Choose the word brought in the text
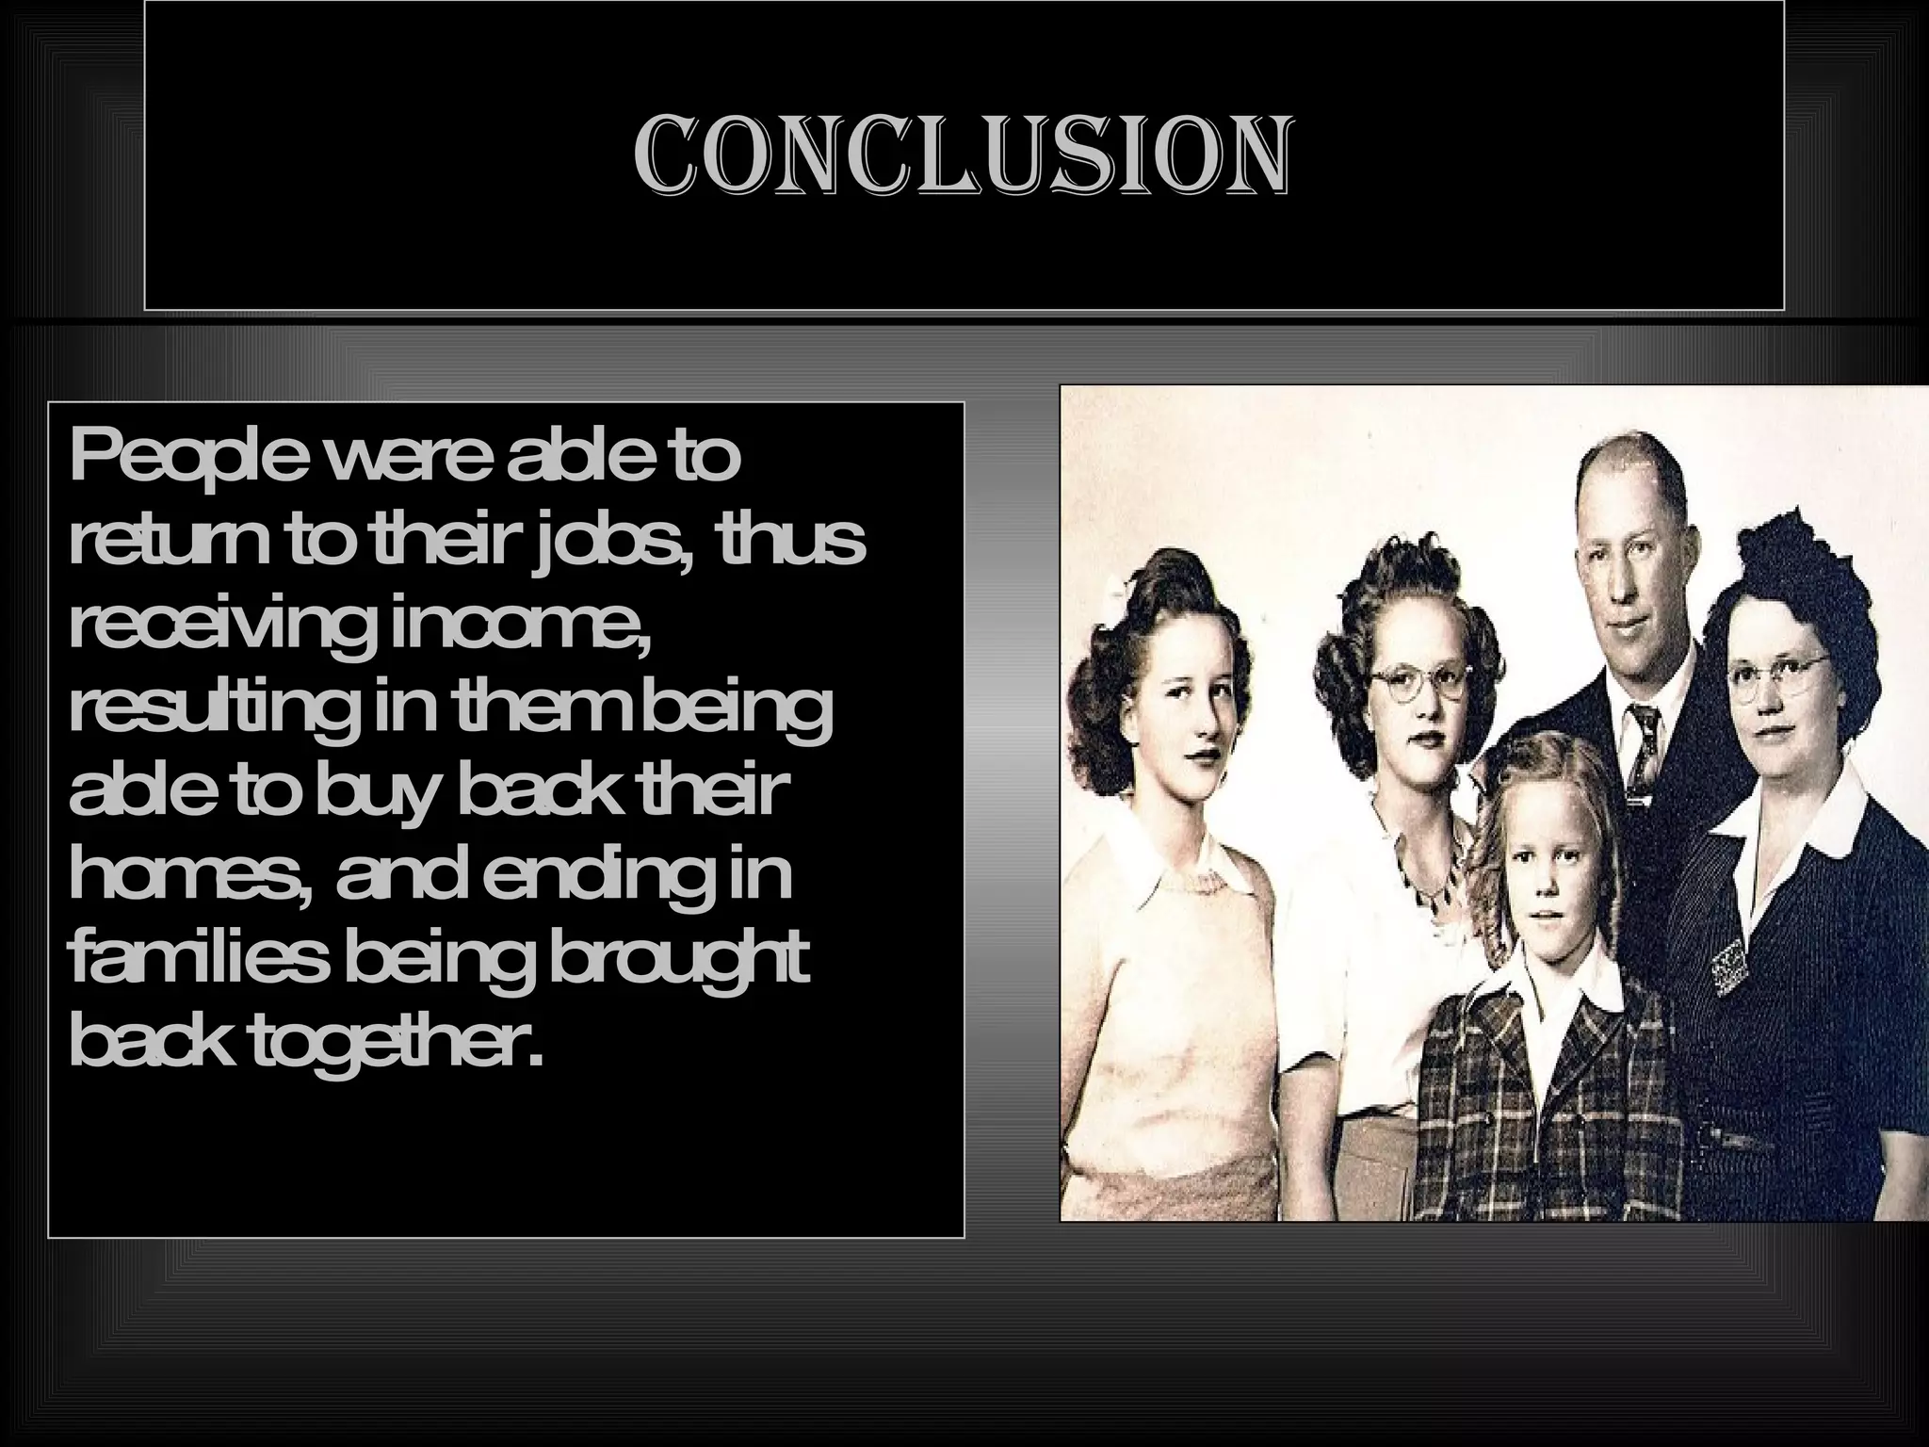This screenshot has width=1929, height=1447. [677, 962]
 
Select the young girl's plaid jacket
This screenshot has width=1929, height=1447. [1545, 1083]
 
